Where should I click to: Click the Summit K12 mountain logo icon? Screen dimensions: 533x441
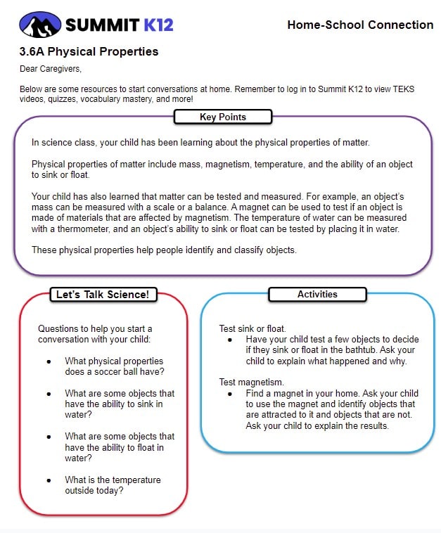pyautogui.click(x=40, y=25)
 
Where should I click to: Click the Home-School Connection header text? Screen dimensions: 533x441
pyautogui.click(x=360, y=25)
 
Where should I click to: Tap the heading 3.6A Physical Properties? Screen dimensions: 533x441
pyautogui.click(x=89, y=51)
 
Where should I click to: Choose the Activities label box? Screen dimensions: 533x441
pyautogui.click(x=317, y=295)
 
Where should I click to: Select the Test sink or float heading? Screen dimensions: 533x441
pyautogui.click(x=253, y=328)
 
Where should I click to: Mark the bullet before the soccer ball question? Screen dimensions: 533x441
pyautogui.click(x=49, y=361)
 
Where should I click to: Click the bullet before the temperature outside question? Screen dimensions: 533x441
pyautogui.click(x=49, y=480)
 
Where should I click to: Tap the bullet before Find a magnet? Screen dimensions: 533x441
pyautogui.click(x=230, y=394)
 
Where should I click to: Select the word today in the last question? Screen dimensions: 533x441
pyautogui.click(x=110, y=491)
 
